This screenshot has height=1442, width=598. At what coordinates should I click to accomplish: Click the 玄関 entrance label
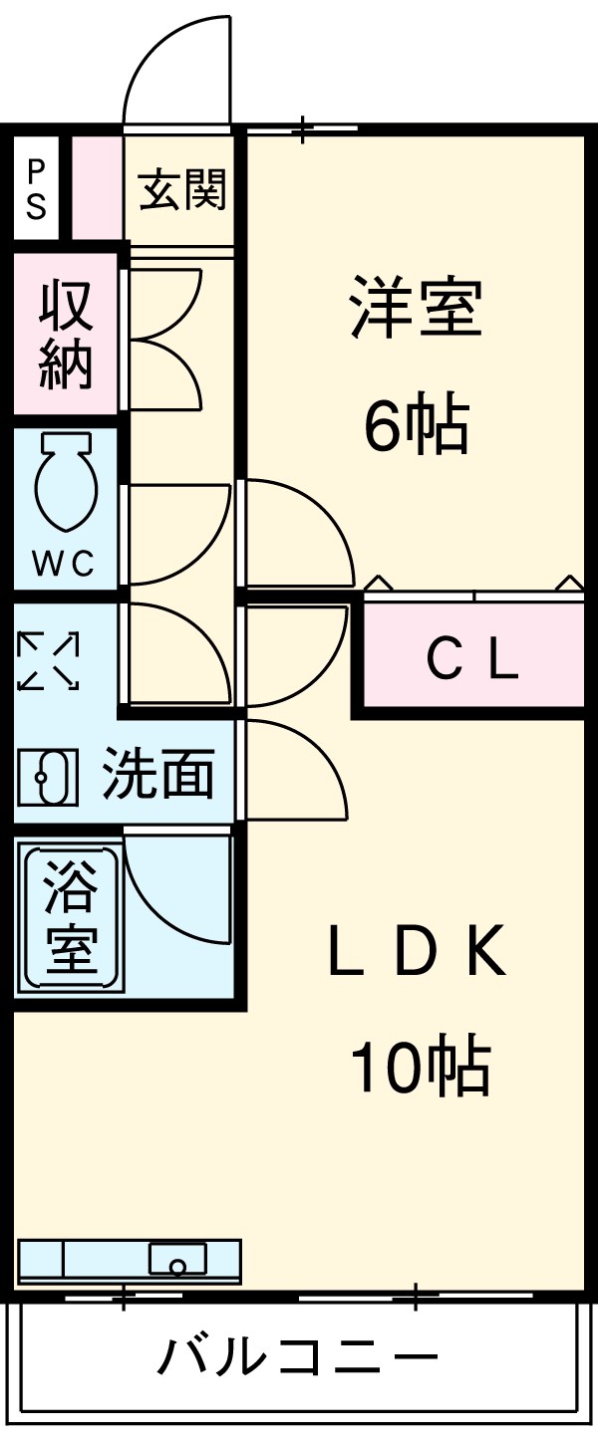tap(183, 190)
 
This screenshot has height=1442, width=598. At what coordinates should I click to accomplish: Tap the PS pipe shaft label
tap(36, 189)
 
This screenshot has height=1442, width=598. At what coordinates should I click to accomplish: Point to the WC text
tap(64, 565)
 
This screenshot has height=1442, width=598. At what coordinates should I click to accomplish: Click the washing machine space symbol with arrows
tap(48, 660)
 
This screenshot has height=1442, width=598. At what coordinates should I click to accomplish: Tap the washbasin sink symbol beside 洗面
tap(48, 777)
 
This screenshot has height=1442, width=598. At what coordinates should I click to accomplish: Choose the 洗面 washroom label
tap(158, 774)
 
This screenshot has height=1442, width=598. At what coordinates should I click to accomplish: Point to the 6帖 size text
tap(416, 424)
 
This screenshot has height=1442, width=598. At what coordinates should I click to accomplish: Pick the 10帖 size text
tap(421, 1066)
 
